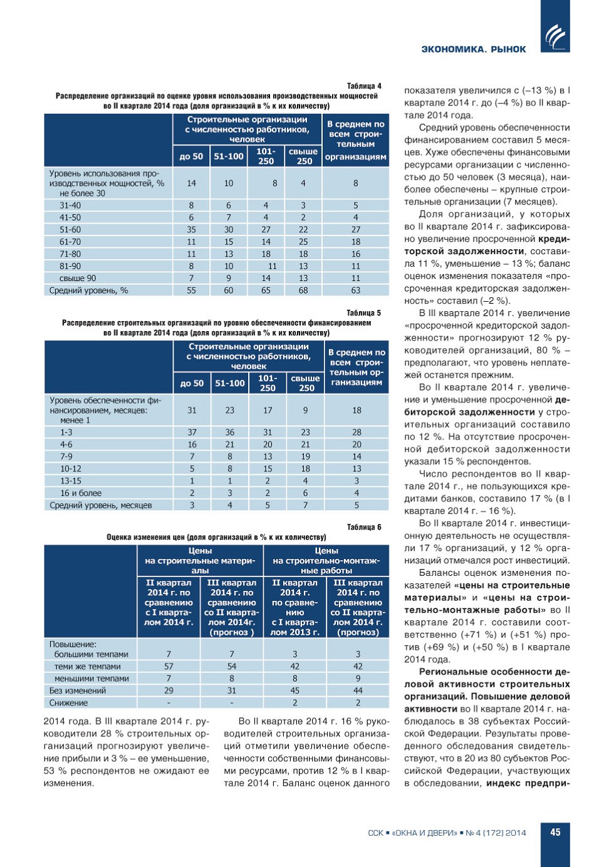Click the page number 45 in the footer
coord(555,832)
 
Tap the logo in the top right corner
coord(555,37)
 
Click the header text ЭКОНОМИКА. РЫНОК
coord(474,49)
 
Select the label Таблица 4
coord(364,86)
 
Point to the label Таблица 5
coord(363,313)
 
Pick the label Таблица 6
coord(364,527)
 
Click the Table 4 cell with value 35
coord(191,230)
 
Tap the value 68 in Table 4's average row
coord(303,290)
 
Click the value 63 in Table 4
coord(356,290)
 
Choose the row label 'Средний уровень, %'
coord(89,290)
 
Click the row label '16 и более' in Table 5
coord(81,493)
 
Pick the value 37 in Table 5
coord(192,432)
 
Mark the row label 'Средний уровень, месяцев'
coord(101,505)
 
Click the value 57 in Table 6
coord(169,667)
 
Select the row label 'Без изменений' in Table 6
coord(78,690)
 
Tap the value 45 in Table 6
coord(295,690)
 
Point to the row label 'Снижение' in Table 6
coord(69,703)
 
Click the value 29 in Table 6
coord(169,690)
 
